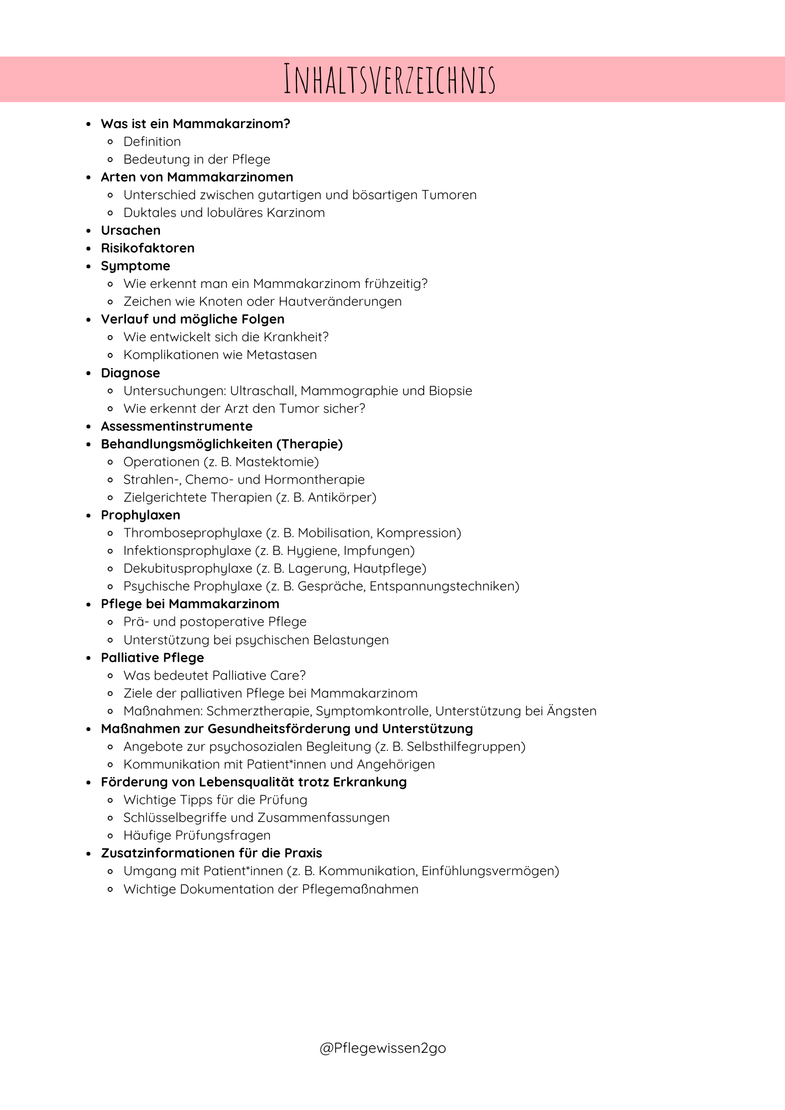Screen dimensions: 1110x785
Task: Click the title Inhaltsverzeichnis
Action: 390,79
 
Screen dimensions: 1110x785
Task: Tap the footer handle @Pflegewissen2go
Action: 383,1047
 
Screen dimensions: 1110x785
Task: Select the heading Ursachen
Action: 130,230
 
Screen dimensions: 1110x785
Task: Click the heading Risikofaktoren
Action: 148,248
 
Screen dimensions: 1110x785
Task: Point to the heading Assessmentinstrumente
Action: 177,426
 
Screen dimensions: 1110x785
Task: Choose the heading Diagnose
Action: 130,373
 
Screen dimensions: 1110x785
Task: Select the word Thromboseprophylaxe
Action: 193,533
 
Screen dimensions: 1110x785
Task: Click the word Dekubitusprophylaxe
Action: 188,568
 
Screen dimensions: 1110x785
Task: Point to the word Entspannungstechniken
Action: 442,586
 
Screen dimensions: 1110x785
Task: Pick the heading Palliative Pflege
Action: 153,658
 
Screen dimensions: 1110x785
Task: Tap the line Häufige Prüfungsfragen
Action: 197,835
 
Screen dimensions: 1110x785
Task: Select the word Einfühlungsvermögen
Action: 488,871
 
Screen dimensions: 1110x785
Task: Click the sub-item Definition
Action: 152,142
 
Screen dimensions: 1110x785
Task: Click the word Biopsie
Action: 450,391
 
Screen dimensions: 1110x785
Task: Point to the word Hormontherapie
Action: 314,480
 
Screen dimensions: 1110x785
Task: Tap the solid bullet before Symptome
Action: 88,266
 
